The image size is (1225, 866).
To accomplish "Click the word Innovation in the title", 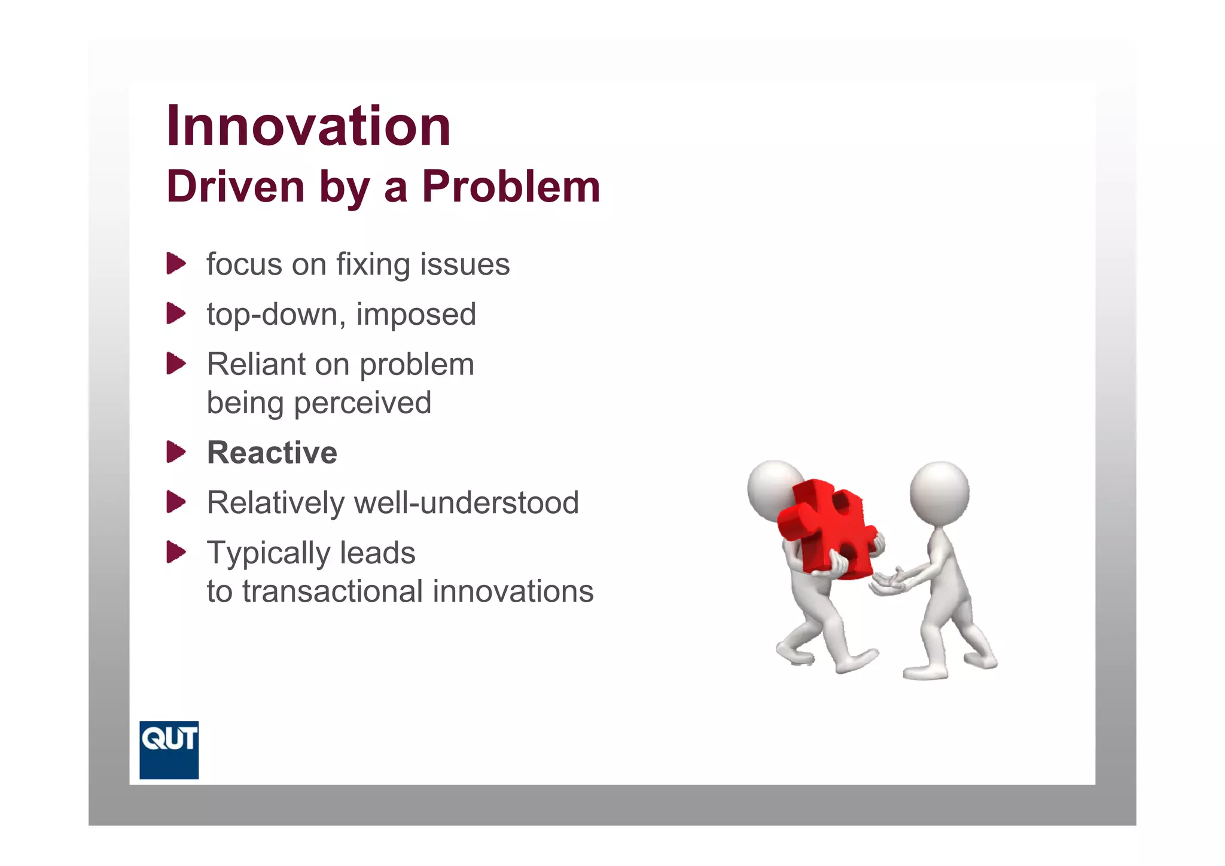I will (308, 126).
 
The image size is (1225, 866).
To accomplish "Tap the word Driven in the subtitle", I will (236, 187).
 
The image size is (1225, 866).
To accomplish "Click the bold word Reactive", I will (272, 453).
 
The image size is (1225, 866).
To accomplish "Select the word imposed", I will (416, 315).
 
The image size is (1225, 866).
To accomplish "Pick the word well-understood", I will (466, 502).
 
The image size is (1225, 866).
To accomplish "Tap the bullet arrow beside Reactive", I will (176, 452).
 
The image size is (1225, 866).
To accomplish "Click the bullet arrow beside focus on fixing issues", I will (176, 264).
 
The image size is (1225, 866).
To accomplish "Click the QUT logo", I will (169, 749).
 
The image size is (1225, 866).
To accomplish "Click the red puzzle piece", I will (828, 526).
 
